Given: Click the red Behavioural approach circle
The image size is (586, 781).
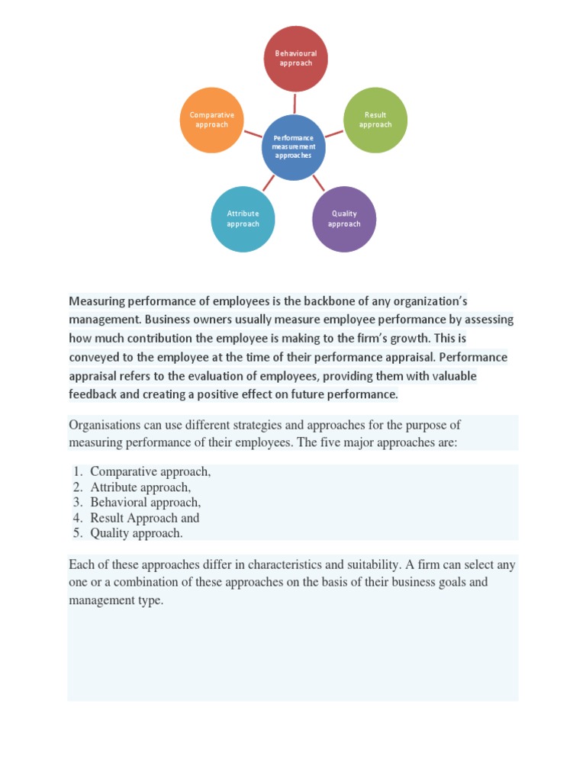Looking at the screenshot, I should coord(296,59).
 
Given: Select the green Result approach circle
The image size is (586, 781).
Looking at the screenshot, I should coord(375,120).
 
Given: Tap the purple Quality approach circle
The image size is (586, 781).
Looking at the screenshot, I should coord(344,219).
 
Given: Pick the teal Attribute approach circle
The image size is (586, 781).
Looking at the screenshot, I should coord(243,219).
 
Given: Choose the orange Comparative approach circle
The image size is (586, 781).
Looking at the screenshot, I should coord(212,120).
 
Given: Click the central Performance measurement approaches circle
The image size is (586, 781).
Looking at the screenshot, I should coord(294,147).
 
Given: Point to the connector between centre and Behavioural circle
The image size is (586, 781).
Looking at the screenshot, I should coord(295,103).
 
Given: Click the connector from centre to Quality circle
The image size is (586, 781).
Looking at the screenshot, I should coord(318,182).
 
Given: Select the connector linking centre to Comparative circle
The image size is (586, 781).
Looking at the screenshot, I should coord(253,134).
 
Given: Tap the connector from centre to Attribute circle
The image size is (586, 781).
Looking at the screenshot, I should coord(269,182).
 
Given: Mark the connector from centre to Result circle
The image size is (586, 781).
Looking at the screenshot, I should coord(333,133).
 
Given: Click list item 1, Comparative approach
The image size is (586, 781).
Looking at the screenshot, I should coord(150,472).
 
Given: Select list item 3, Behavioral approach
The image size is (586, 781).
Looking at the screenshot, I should coord(145,503).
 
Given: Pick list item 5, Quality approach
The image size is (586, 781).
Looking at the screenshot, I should coord(136,533).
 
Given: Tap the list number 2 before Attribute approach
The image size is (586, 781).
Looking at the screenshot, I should coord(77,487).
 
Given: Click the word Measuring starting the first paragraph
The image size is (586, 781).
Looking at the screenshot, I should coord(98,301).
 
